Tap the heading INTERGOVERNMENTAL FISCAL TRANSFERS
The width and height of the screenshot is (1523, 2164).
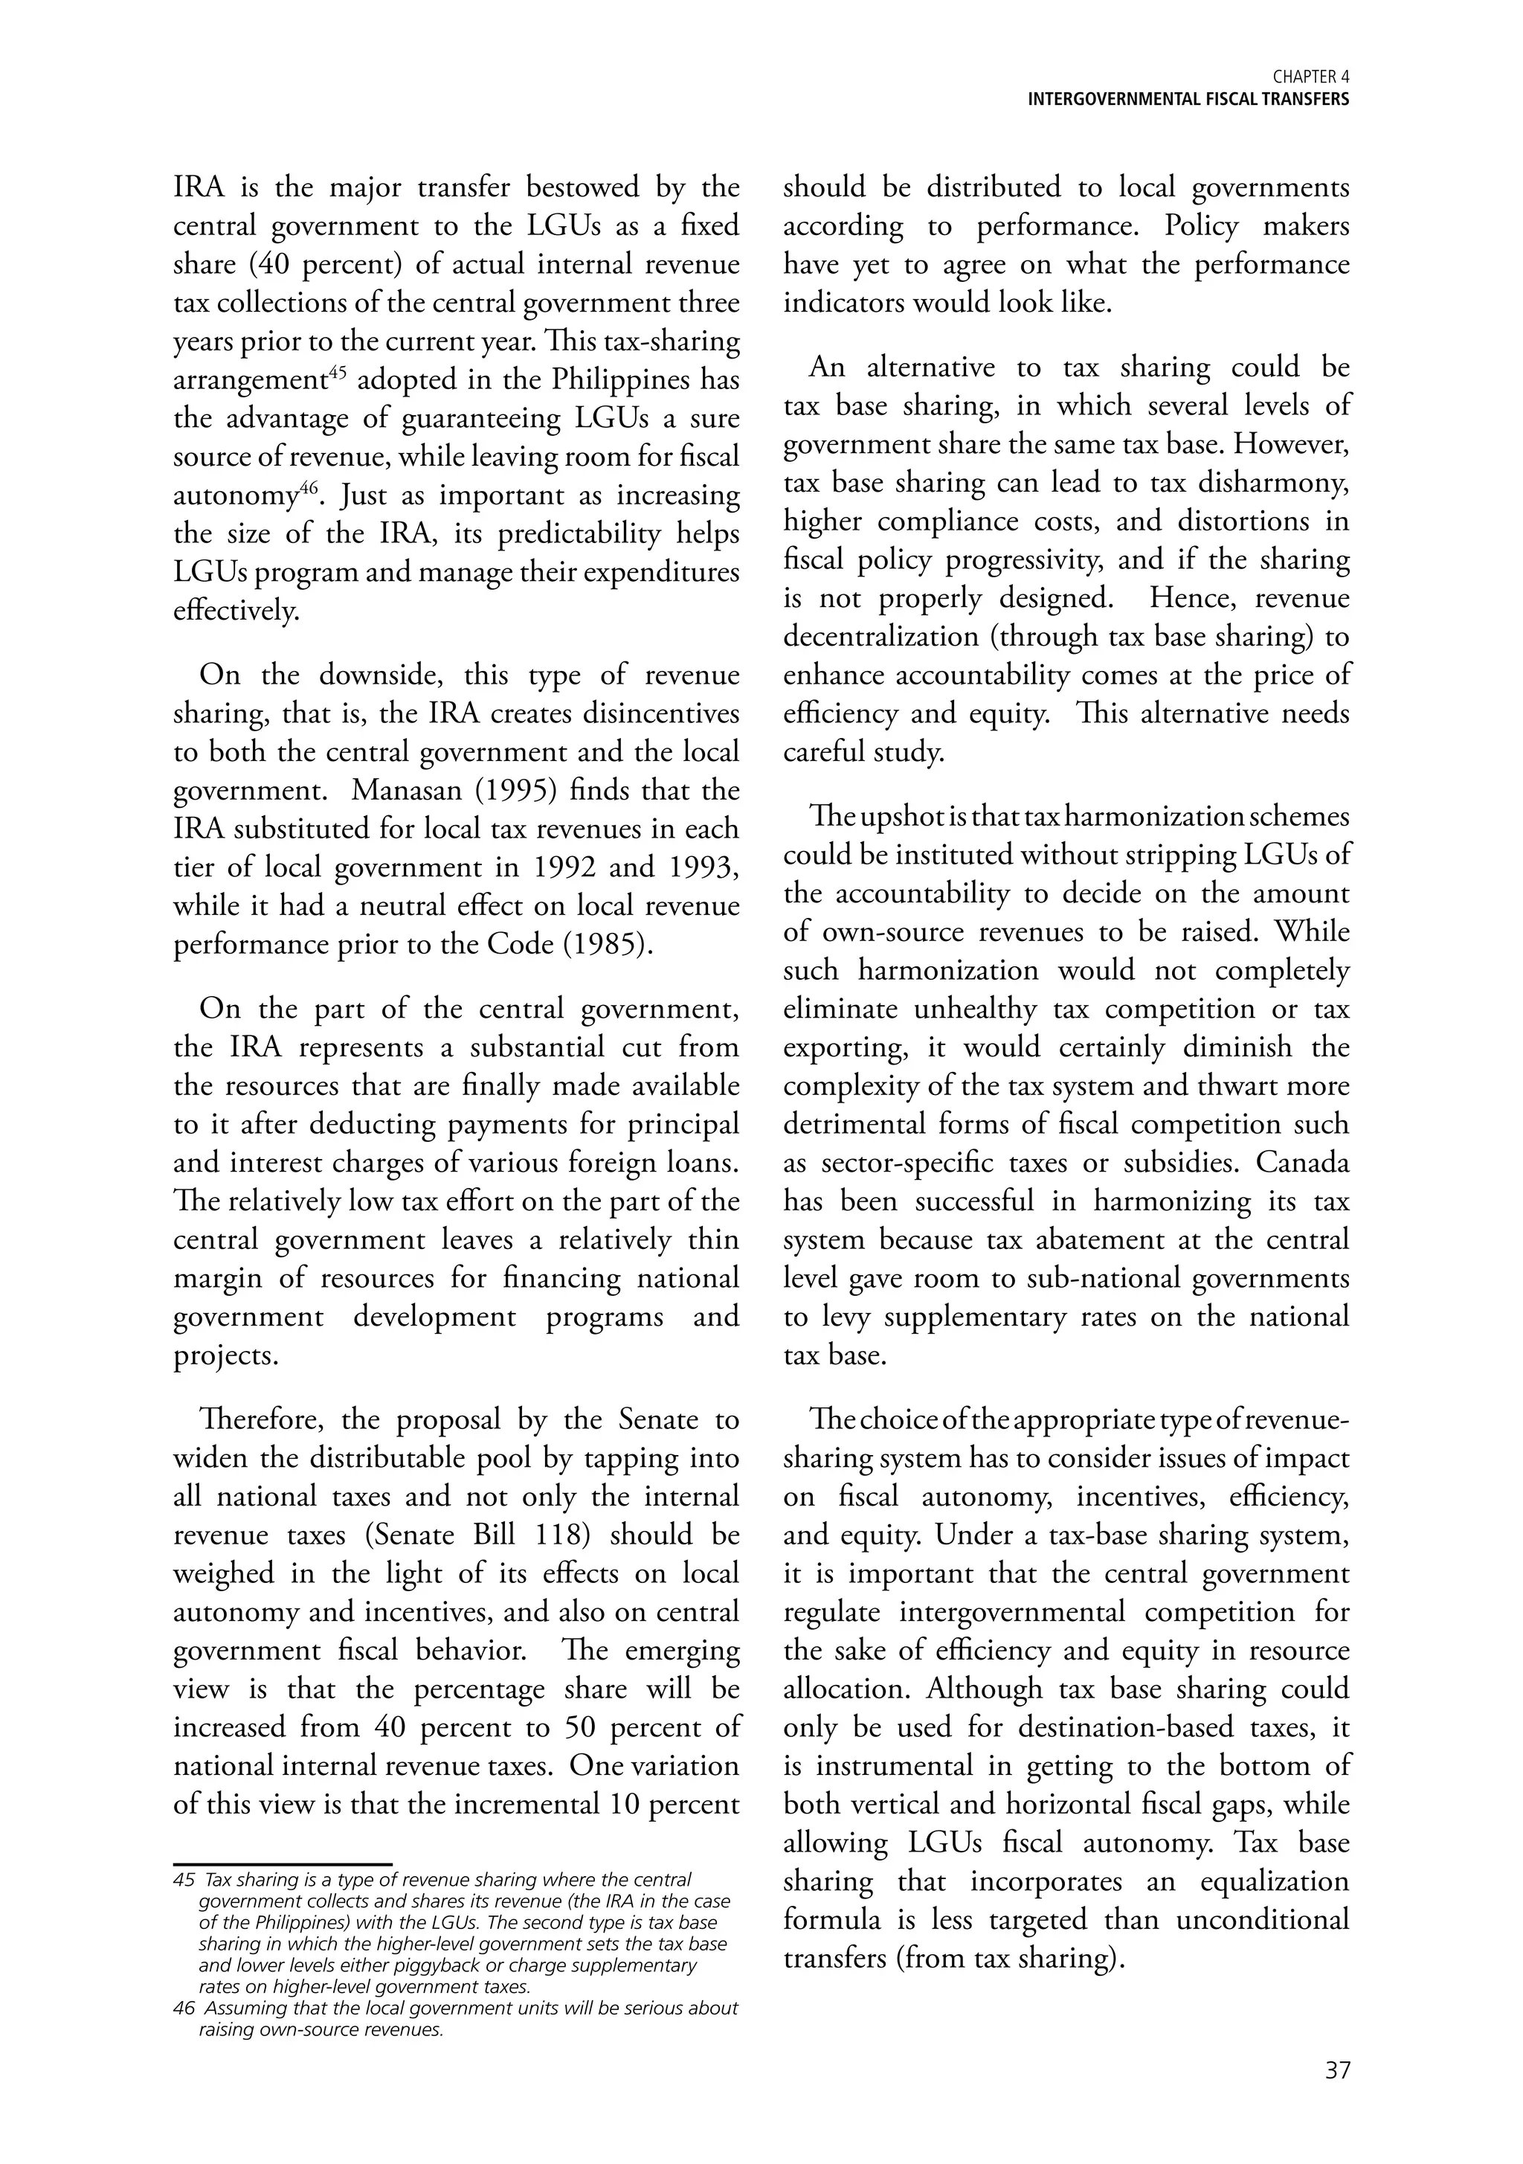coord(1188,100)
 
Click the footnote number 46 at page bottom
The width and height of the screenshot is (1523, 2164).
coord(184,2009)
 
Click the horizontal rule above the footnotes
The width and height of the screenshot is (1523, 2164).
coord(283,1864)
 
